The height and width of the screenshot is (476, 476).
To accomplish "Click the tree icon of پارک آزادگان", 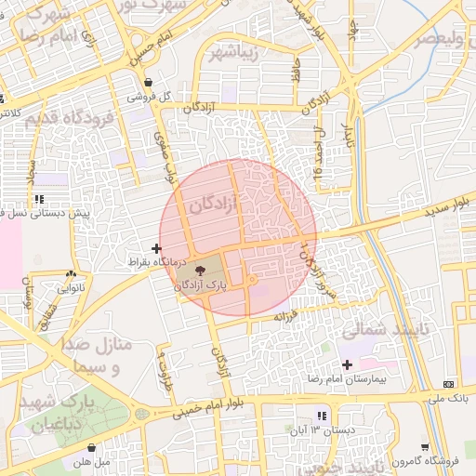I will point(204,270).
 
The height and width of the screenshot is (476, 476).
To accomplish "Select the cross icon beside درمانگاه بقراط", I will point(155,248).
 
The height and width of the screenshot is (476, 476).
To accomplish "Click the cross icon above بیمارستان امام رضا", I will point(348,364).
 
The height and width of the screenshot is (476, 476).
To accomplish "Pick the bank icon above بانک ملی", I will point(449,385).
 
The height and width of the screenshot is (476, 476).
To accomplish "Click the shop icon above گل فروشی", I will point(148,82).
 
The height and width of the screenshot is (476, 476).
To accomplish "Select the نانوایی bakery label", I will point(71,288).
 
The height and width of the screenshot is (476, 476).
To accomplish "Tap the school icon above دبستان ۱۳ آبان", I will point(321,416).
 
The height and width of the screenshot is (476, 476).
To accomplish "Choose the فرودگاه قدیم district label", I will point(69,120).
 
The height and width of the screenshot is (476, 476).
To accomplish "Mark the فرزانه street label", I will point(284,316).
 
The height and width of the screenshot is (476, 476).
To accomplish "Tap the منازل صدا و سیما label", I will point(98,356).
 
